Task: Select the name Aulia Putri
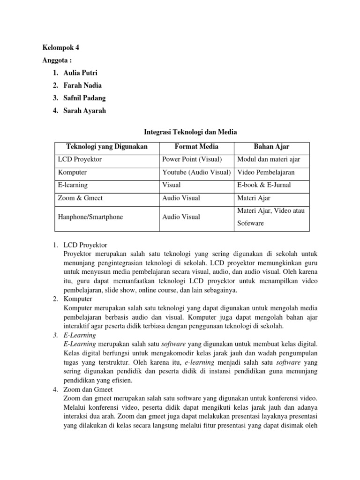tap(82, 73)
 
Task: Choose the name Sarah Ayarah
tap(85, 111)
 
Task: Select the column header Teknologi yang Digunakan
tap(107, 147)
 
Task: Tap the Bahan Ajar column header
tap(272, 147)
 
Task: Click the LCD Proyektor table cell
tap(80, 159)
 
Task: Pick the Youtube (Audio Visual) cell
tap(196, 172)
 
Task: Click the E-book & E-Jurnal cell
tap(264, 185)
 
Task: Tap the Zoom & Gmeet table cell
tap(81, 198)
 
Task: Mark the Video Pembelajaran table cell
tap(266, 172)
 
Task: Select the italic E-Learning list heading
tap(79, 336)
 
